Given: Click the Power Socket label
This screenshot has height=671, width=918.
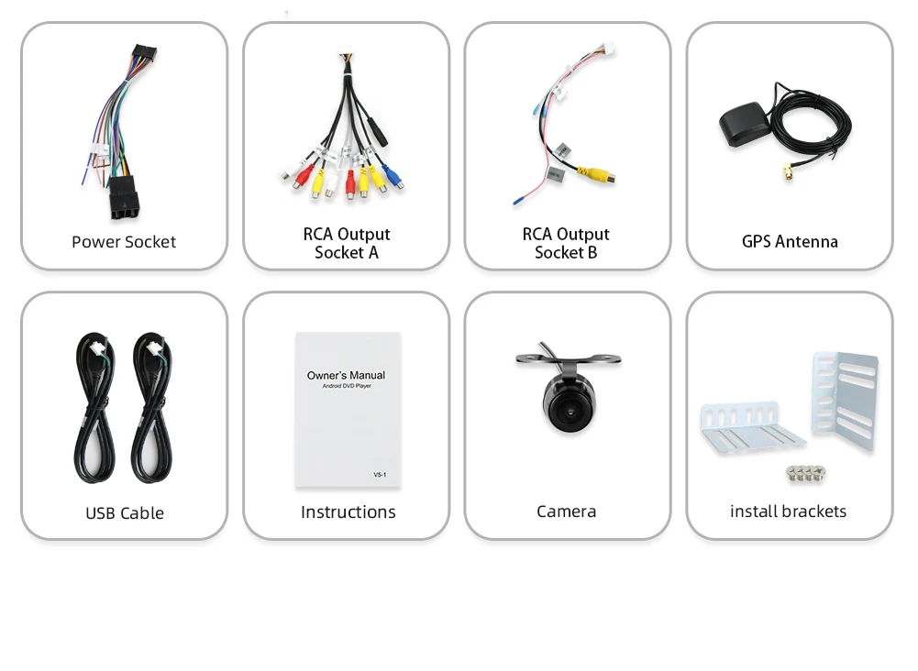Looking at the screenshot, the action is (x=124, y=242).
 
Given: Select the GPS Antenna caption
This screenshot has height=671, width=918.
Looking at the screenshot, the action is (x=790, y=242).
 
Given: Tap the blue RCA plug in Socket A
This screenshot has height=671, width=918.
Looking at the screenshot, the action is (x=392, y=174).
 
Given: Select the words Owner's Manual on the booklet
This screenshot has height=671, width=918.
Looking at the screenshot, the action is (x=346, y=375).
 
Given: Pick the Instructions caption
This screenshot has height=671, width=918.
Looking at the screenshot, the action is (x=348, y=512).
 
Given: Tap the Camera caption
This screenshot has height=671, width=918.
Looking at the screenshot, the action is (x=566, y=511).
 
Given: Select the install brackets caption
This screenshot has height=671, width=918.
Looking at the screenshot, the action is (x=788, y=511).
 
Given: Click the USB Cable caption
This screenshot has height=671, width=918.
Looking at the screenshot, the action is (x=125, y=513).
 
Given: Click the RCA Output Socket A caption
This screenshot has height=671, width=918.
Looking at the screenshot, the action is (x=347, y=243).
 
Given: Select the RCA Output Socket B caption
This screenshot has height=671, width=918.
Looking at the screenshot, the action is (x=566, y=243).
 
